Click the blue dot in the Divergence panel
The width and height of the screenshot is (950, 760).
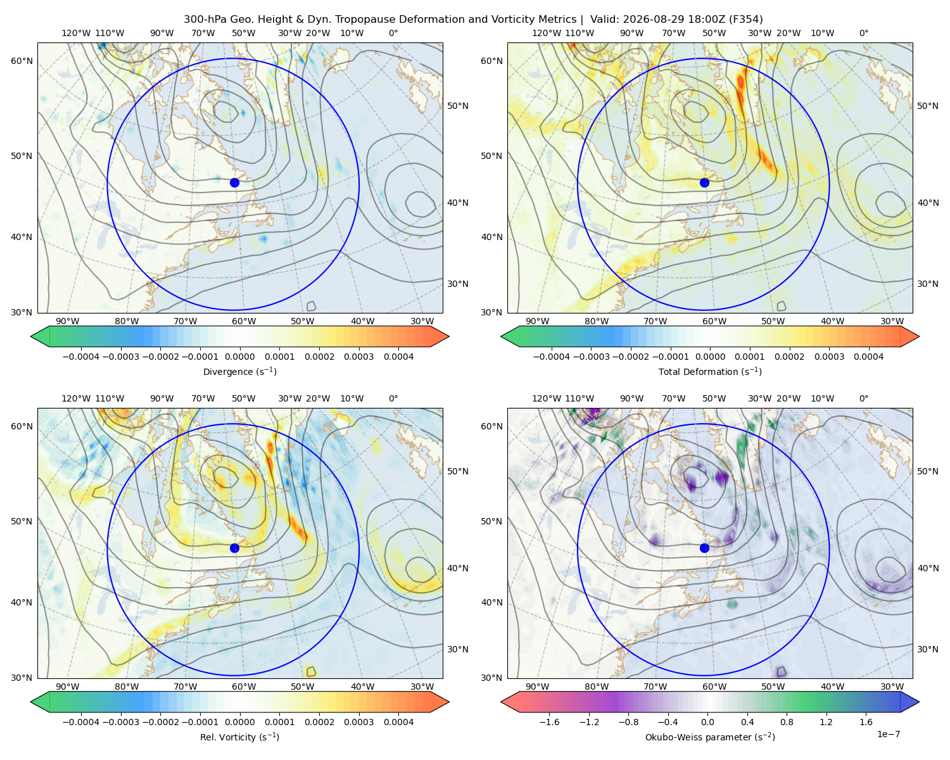[x=234, y=183]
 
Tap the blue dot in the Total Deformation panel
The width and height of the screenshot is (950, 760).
[x=704, y=183]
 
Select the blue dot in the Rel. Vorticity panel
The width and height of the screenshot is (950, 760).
[x=234, y=548]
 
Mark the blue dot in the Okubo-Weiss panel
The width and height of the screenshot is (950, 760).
[x=704, y=548]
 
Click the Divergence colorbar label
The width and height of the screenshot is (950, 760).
[x=239, y=372]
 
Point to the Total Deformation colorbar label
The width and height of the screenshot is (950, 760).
[x=710, y=372]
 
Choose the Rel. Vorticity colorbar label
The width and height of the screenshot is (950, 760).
[x=239, y=737]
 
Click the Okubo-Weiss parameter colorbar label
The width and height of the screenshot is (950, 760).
[x=710, y=737]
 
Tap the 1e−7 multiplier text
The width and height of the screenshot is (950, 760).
[x=888, y=734]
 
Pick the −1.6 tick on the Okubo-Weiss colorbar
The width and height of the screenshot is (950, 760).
[x=549, y=722]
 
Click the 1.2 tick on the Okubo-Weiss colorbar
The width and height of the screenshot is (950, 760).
[x=826, y=722]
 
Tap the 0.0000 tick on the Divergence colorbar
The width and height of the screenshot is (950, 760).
[x=239, y=357]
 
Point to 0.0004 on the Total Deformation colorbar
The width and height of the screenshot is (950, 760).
[x=869, y=357]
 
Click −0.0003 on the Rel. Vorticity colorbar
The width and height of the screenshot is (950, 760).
[x=120, y=722]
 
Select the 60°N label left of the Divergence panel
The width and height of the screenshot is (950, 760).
[x=22, y=61]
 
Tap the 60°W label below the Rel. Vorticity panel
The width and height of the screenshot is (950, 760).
[x=244, y=687]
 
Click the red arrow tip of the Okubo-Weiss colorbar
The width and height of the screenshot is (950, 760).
[x=502, y=702]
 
